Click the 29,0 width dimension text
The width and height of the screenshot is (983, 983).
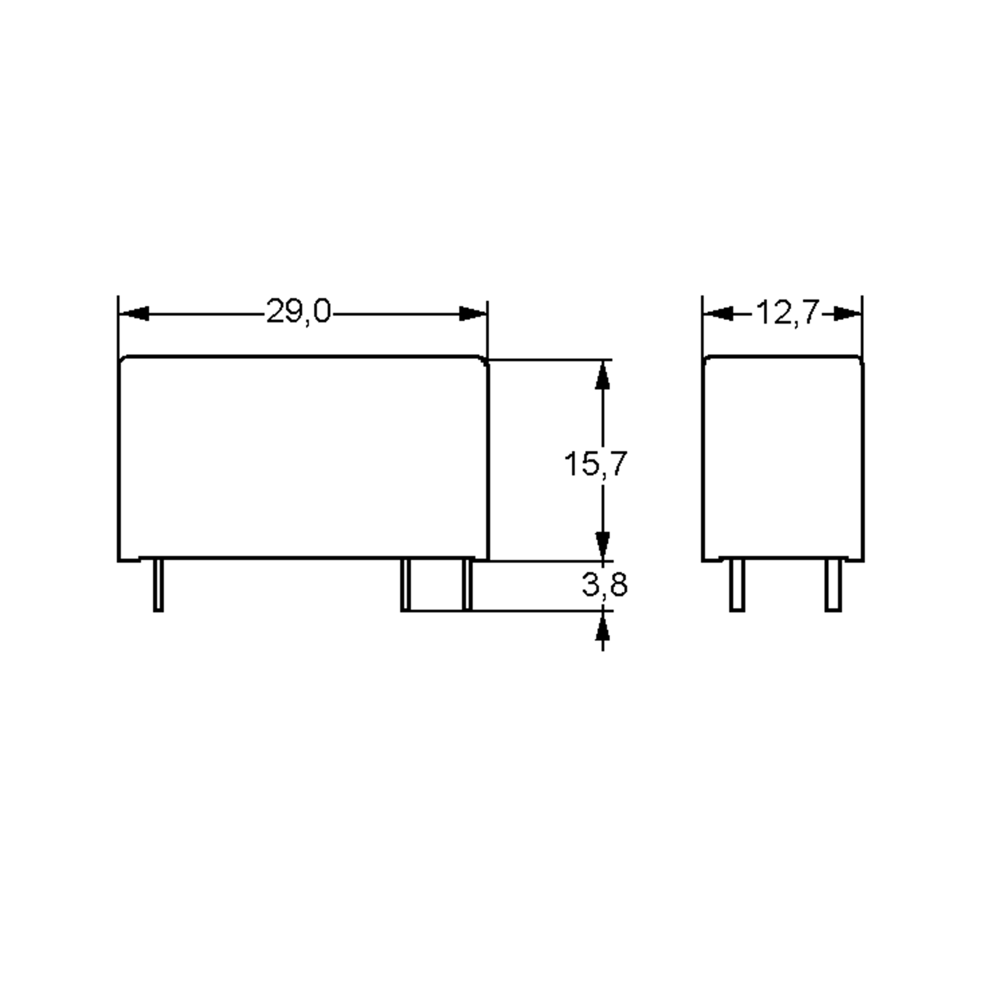(x=298, y=311)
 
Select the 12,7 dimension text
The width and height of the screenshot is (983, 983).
(x=787, y=313)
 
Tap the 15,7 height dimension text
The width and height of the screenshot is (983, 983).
(x=595, y=464)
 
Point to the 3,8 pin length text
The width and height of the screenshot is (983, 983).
(x=605, y=585)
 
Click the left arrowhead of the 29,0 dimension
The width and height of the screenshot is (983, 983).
(x=135, y=313)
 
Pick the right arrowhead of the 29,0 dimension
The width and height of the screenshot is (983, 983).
(x=472, y=313)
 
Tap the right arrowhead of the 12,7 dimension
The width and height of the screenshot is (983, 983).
(x=847, y=313)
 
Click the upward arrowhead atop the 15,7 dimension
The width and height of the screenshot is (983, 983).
(x=603, y=376)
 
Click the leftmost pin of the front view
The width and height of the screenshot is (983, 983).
(x=158, y=585)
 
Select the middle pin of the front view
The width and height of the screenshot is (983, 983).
(x=405, y=585)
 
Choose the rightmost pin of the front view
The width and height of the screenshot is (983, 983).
(x=467, y=585)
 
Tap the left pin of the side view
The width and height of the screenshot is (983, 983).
(x=737, y=585)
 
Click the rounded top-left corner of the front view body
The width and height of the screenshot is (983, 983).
(x=122, y=360)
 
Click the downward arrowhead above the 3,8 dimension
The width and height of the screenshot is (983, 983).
(x=603, y=546)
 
